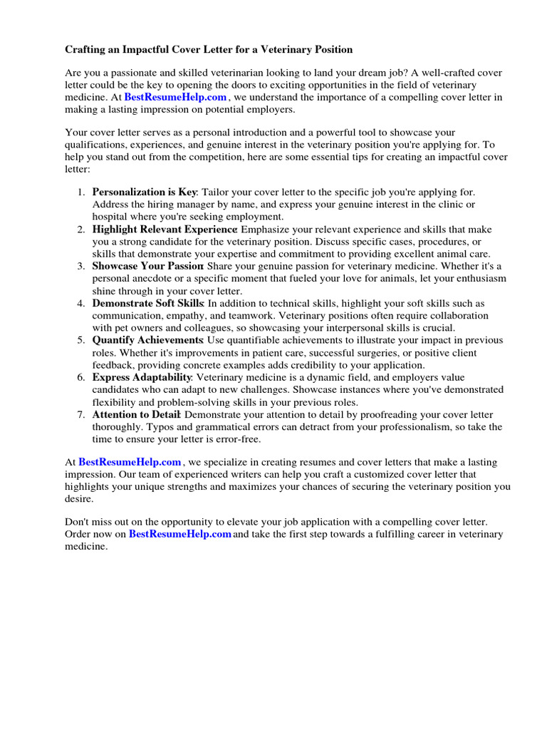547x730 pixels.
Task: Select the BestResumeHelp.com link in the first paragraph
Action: (x=175, y=97)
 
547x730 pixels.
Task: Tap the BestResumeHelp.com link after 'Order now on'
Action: (x=180, y=534)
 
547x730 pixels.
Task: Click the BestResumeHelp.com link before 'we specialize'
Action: (x=130, y=463)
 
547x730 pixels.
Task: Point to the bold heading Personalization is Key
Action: (x=145, y=192)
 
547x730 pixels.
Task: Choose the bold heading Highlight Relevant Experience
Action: (x=165, y=230)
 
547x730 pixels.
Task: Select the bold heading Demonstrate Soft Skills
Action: (x=148, y=304)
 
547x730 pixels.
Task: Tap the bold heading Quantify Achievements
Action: (x=148, y=340)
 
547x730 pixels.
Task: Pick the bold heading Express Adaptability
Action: (x=142, y=377)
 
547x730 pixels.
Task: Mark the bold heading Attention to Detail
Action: (x=137, y=414)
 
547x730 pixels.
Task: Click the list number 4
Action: (x=81, y=304)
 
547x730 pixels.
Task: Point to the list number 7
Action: (x=81, y=414)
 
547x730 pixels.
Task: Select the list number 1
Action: (x=81, y=192)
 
